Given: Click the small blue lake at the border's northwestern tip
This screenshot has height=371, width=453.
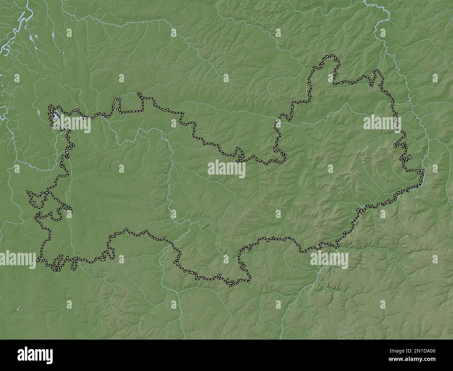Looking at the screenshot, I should (55, 114).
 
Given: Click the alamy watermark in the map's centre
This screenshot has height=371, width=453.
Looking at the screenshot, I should (227, 169).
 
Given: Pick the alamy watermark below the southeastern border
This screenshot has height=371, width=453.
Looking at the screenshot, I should (329, 259).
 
